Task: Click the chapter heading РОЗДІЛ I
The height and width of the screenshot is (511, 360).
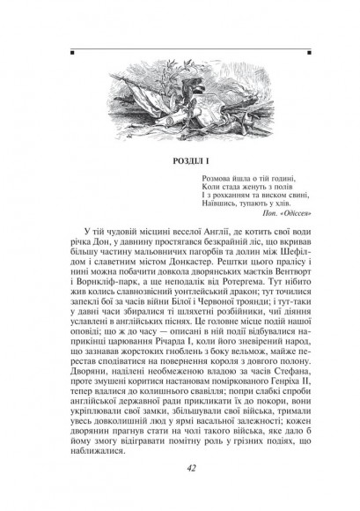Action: pos(181,161)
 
